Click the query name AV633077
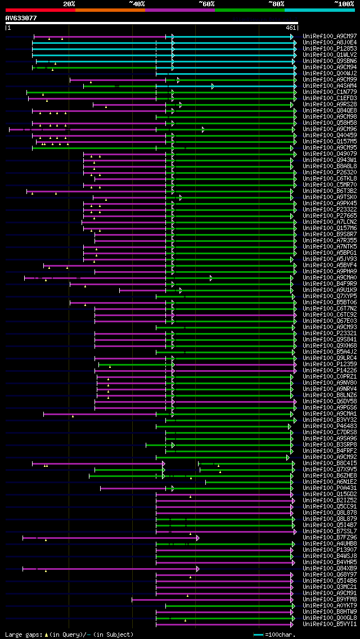[x=21, y=18]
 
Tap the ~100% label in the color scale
[x=344, y=4]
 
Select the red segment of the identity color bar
[x=40, y=10]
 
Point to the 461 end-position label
[x=291, y=28]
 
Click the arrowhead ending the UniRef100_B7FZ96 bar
[x=197, y=537]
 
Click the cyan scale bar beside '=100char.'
[x=258, y=634]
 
